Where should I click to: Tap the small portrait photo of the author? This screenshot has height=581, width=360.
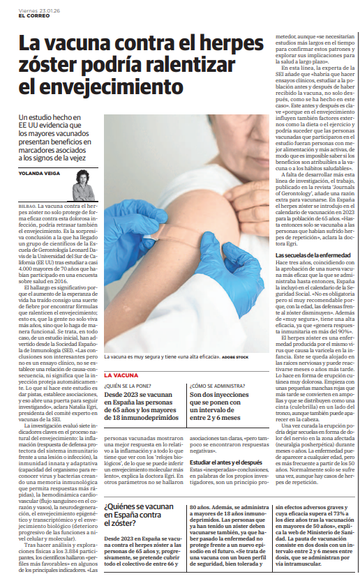[x=84, y=186]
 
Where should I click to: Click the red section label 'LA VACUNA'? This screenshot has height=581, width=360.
[x=121, y=375]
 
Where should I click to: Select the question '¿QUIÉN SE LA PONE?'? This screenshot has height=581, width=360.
[x=130, y=385]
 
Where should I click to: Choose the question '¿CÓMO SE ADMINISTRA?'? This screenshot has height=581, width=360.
[x=220, y=385]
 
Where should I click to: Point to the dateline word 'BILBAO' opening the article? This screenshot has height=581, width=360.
[x=26, y=207]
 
